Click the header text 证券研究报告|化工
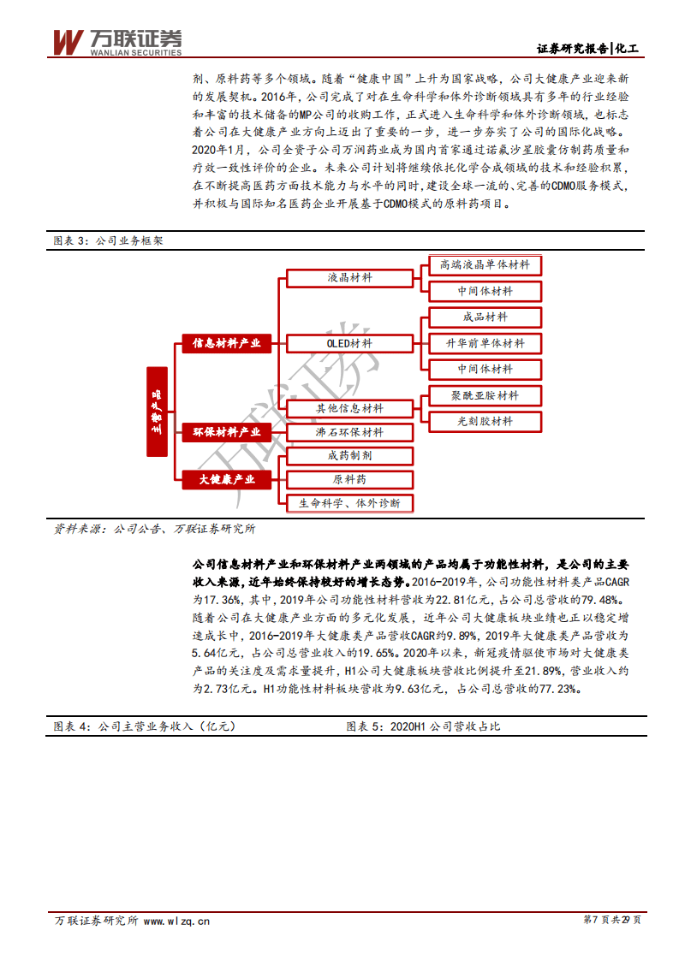[588, 48]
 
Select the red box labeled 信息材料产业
[226, 343]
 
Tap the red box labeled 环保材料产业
[226, 432]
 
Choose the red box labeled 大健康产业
[226, 479]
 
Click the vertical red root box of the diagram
[157, 412]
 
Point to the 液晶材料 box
[349, 278]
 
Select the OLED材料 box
[349, 343]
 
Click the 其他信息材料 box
[349, 409]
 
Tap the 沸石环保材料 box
[349, 433]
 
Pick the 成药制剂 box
[349, 456]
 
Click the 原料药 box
[349, 479]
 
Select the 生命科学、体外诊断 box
[349, 503]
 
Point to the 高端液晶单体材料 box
[485, 265]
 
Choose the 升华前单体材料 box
[485, 343]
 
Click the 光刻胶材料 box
[485, 421]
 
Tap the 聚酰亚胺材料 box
[485, 395]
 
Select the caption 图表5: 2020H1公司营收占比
[423, 726]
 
